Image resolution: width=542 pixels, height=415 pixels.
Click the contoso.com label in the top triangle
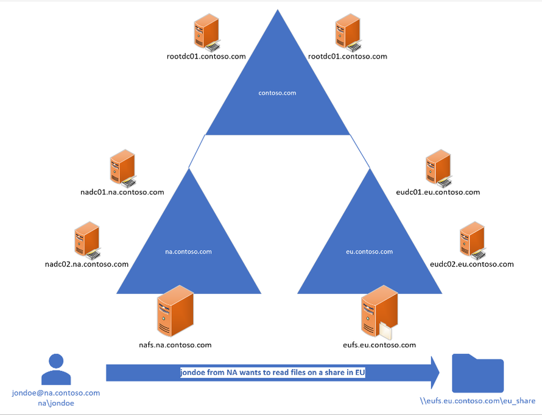(x=277, y=93)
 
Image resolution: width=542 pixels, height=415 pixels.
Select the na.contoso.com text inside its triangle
(x=188, y=251)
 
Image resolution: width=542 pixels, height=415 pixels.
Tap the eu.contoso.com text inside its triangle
(x=370, y=251)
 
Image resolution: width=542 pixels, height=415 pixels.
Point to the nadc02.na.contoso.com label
(x=86, y=264)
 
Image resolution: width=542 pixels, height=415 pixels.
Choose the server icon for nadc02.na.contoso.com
(x=86, y=239)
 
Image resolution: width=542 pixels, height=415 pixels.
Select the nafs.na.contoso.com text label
(x=175, y=345)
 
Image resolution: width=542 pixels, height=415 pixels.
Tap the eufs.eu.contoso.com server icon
(x=379, y=312)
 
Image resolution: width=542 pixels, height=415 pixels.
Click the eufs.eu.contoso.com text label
(x=379, y=345)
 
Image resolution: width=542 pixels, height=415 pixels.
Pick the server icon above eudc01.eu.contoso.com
(x=438, y=168)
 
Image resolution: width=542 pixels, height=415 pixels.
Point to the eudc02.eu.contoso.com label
(x=471, y=264)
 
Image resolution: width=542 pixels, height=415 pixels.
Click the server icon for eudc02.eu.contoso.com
(x=472, y=239)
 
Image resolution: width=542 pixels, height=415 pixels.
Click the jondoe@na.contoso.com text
(x=56, y=393)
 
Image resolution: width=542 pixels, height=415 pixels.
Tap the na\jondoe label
(x=56, y=403)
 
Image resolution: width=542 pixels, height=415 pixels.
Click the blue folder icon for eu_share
(x=477, y=374)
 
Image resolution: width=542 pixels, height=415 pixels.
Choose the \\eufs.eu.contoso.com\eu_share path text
(x=477, y=402)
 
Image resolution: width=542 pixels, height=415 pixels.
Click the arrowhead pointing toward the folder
(x=434, y=372)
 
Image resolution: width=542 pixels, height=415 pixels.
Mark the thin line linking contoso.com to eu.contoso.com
(x=359, y=151)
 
